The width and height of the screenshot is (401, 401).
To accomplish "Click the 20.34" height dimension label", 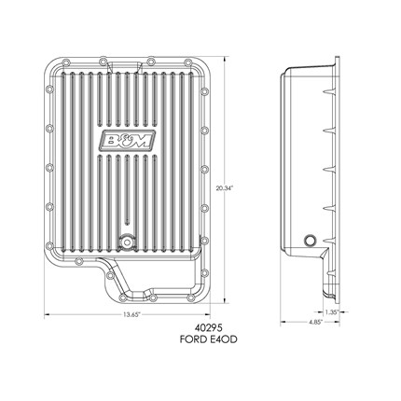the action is coord(225,187).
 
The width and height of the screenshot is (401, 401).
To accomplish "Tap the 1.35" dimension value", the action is coord(331,311).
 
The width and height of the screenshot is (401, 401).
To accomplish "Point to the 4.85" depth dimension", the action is coord(315,323).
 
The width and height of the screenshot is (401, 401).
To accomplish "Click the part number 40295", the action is coord(208,328).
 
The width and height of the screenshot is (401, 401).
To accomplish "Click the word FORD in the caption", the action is coord(193,339).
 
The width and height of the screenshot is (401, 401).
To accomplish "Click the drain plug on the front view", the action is coord(127,242).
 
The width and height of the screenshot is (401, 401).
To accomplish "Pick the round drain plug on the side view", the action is coord(310,241).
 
